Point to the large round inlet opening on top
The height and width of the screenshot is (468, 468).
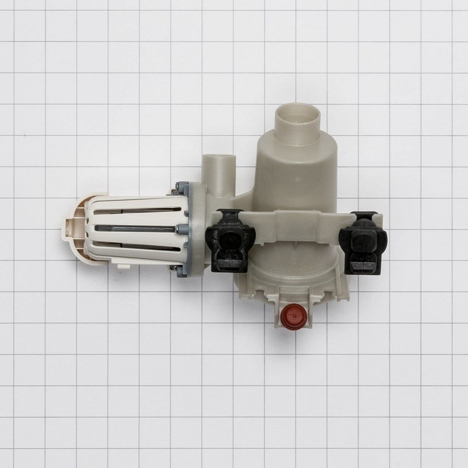click(x=298, y=117)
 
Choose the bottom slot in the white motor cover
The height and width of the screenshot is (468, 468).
click(x=140, y=247)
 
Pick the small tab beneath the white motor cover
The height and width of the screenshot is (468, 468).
click(x=123, y=266)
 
